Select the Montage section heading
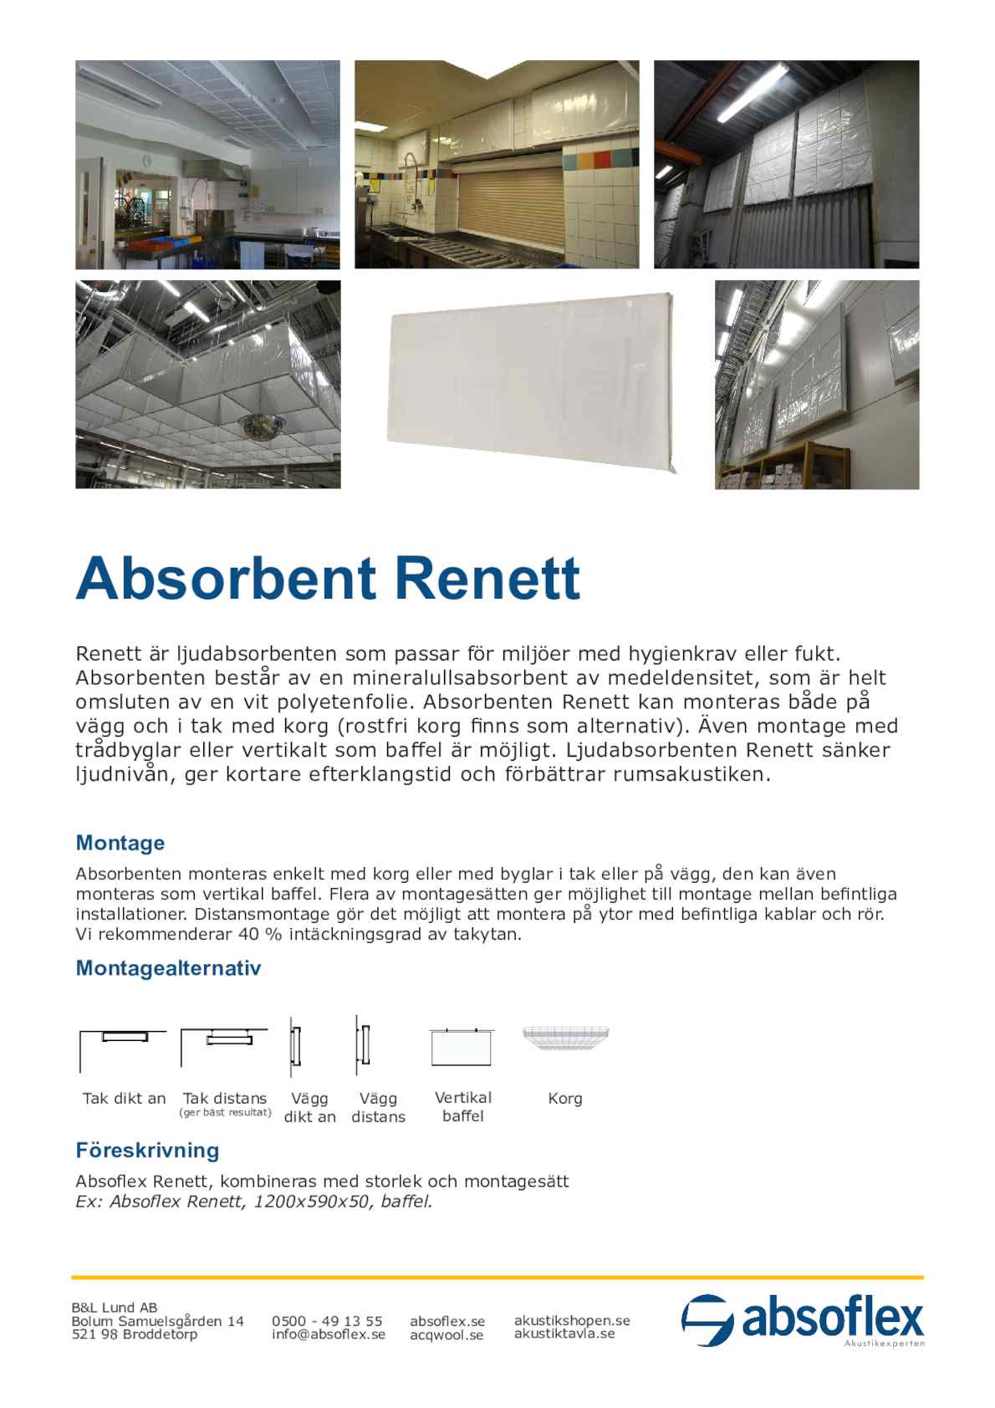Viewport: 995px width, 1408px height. (x=120, y=843)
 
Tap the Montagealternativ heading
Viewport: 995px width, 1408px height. (x=168, y=968)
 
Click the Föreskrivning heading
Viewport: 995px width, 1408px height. (x=147, y=1150)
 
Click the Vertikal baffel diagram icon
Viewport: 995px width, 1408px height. (x=462, y=1046)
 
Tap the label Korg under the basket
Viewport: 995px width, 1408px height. (x=565, y=1099)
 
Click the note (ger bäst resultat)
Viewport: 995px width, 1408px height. (x=225, y=1113)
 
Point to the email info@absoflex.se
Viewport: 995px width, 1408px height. (x=329, y=1334)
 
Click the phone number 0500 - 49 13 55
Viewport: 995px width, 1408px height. (x=327, y=1321)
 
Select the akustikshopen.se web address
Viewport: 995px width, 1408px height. (x=572, y=1320)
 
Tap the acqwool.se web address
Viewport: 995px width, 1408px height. (x=446, y=1335)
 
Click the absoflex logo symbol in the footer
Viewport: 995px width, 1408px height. (x=707, y=1320)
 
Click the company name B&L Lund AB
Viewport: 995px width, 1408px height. (x=115, y=1308)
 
